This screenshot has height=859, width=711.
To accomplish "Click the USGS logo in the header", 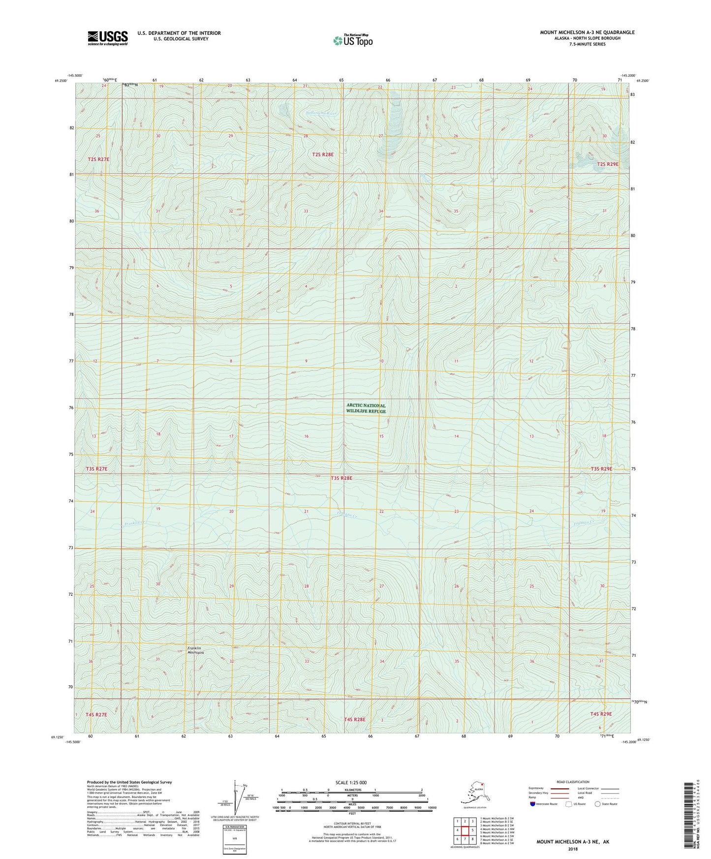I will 108,38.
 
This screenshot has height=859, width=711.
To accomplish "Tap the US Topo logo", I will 352,40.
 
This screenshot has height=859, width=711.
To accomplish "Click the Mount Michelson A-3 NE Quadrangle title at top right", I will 587,32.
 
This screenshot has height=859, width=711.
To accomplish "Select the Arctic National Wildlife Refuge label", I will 366,408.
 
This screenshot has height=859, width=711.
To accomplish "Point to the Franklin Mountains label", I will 194,650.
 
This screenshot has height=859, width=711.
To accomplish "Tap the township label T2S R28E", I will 323,154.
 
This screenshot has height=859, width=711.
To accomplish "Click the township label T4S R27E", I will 96,714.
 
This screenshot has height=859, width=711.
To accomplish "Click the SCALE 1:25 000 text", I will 351,783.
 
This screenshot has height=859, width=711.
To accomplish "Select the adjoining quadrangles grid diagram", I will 464,830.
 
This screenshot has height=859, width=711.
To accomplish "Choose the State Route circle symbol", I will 598,804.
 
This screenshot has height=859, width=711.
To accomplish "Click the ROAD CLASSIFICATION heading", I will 573,782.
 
